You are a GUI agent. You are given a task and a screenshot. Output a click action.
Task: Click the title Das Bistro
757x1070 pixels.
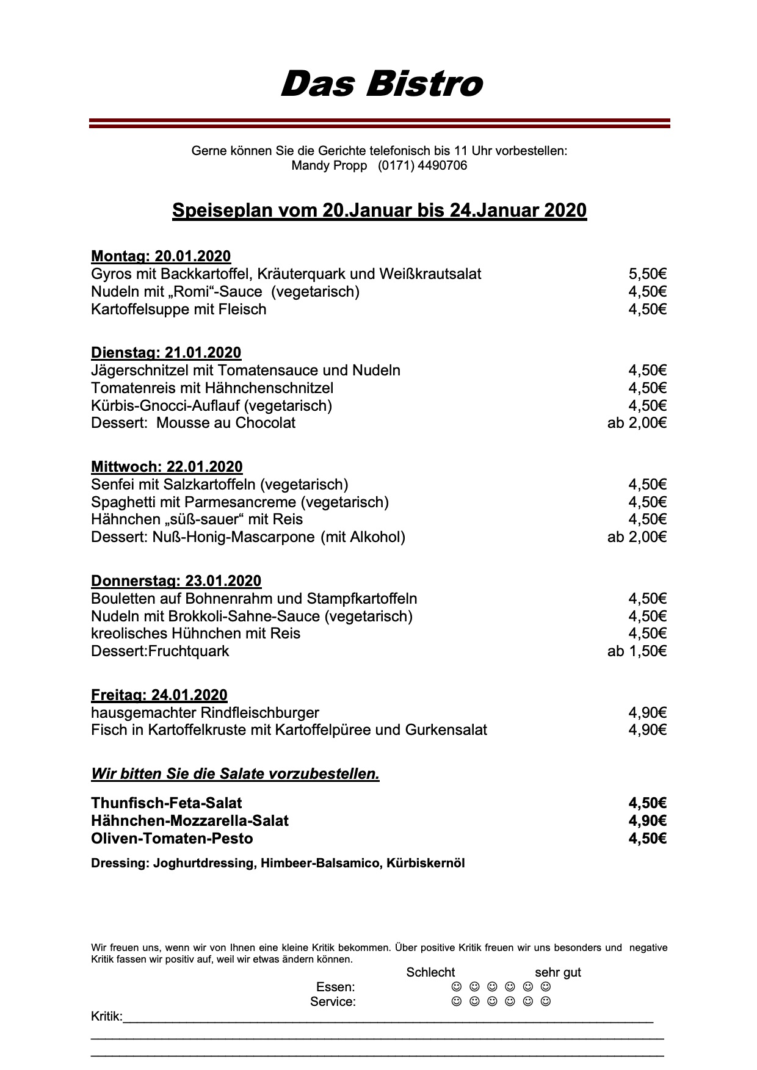click(382, 84)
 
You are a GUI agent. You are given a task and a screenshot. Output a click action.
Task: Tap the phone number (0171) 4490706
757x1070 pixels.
click(422, 165)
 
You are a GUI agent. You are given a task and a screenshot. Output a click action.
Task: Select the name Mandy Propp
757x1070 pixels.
click(329, 165)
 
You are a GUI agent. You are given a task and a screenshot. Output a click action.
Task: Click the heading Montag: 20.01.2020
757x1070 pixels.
click(161, 256)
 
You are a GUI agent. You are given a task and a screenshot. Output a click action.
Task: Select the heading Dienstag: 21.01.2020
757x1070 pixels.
click(166, 353)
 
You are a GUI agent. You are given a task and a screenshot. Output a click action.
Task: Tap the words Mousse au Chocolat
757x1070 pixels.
click(226, 423)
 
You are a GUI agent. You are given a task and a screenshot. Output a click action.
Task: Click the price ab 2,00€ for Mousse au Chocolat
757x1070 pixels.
click(637, 423)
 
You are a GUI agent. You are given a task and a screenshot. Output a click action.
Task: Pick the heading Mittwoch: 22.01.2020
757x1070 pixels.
click(167, 467)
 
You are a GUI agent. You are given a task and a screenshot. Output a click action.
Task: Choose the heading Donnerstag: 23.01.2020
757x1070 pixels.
click(176, 581)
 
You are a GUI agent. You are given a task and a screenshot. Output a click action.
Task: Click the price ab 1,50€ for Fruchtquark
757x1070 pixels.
click(637, 651)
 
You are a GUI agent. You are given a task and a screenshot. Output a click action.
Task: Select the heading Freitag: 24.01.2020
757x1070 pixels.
click(159, 695)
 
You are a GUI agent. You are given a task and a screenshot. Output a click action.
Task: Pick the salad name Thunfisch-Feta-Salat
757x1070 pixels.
click(166, 803)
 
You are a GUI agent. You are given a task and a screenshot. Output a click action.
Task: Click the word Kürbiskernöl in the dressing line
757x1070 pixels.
click(426, 864)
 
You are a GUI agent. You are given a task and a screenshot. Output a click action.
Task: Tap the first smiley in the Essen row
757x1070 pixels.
click(455, 987)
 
